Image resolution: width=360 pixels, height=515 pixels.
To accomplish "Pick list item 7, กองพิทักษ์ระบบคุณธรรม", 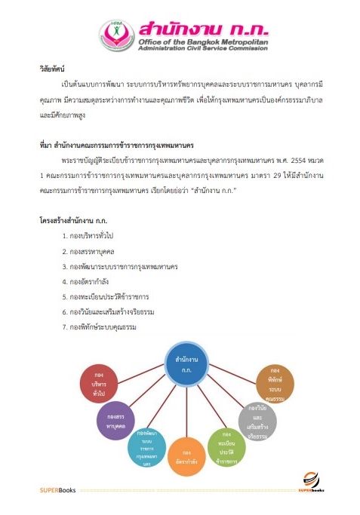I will (x=102, y=326).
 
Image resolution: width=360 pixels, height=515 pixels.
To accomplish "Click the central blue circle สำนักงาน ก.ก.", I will (x=186, y=363).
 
